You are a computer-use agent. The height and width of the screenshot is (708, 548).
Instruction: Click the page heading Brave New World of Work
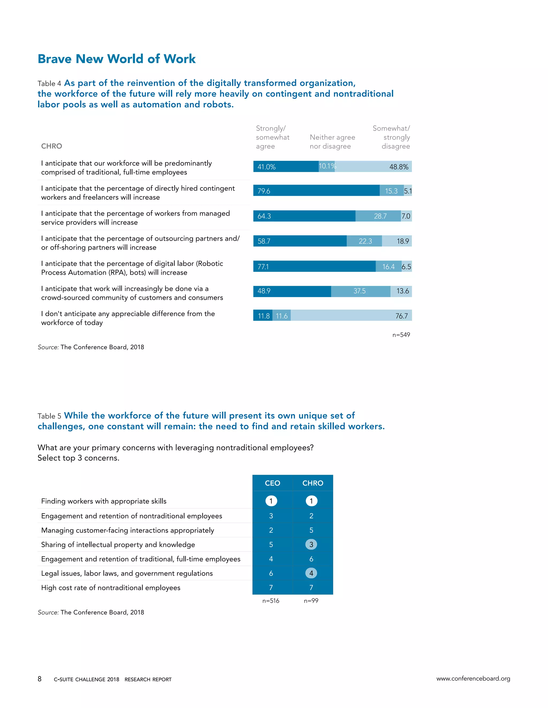coord(117,59)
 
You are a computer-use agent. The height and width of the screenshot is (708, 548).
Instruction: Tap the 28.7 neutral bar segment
coord(378,216)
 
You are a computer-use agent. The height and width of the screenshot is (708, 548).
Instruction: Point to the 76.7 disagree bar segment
coord(351,316)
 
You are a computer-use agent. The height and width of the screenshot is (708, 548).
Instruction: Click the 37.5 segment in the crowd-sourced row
coord(360,291)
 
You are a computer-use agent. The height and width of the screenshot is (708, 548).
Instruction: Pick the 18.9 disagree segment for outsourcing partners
coord(397,241)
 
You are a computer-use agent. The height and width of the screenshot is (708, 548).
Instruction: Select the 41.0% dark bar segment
coord(286,167)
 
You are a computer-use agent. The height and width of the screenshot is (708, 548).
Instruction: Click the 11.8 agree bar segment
coord(263,316)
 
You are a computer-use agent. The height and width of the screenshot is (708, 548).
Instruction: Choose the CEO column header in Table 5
coord(272,483)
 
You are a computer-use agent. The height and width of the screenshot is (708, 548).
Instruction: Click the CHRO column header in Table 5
coord(313,483)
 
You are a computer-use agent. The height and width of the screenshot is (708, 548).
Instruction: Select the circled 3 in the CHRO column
coord(311,544)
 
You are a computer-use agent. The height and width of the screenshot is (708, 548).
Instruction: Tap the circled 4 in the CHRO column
coord(311,573)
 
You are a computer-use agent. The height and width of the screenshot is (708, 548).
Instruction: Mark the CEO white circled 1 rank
coord(271,501)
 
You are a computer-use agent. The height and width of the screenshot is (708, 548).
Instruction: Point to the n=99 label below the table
coord(311,601)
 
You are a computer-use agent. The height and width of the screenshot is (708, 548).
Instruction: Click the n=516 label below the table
coord(271,601)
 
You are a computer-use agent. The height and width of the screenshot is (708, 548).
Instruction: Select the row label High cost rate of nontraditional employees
coord(111,588)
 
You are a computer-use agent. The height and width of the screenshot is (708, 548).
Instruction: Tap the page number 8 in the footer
coord(40,679)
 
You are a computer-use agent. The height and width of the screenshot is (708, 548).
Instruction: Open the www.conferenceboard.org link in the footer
coord(473,679)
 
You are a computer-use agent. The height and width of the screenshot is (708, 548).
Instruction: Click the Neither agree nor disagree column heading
coord(332,142)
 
